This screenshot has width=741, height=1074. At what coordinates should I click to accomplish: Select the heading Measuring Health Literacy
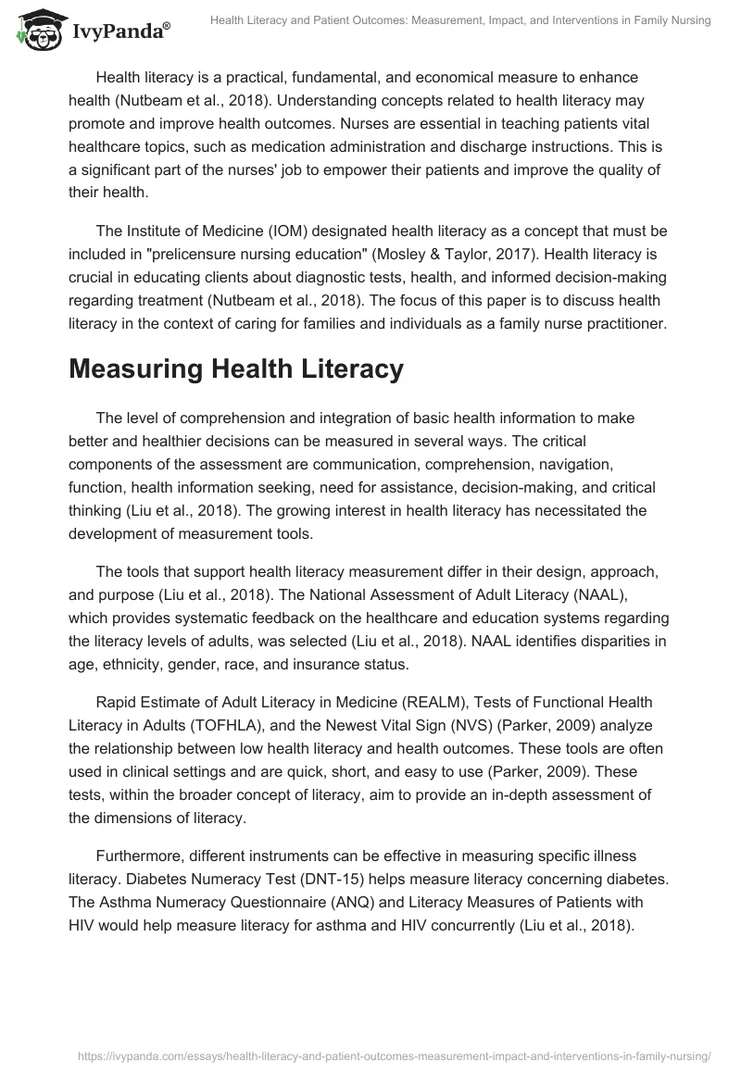236,368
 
